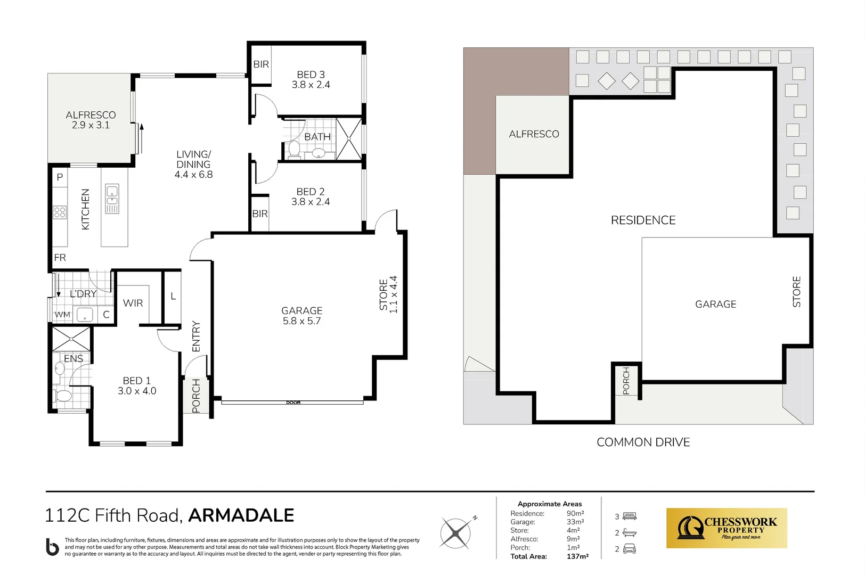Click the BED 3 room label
click(311, 79)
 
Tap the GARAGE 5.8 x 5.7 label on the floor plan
click(301, 315)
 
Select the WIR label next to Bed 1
click(133, 303)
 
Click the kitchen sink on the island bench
click(112, 198)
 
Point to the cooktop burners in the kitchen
click(60, 212)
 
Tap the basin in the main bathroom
click(319, 153)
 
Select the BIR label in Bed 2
click(260, 213)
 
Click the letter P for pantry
click(60, 177)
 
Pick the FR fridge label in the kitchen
click(60, 258)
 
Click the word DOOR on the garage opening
click(293, 402)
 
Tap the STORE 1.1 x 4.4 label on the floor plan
click(388, 294)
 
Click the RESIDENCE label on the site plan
click(643, 220)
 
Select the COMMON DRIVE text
click(643, 442)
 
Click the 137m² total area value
click(577, 556)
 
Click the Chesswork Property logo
click(727, 528)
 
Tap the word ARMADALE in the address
click(241, 515)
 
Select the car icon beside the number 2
click(630, 549)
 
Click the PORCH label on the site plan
click(626, 380)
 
